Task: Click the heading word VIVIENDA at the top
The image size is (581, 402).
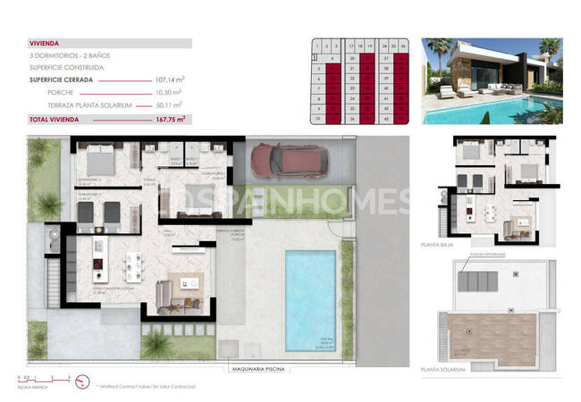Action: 44,42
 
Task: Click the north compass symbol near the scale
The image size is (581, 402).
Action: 82,385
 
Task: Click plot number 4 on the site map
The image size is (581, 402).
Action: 333,57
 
